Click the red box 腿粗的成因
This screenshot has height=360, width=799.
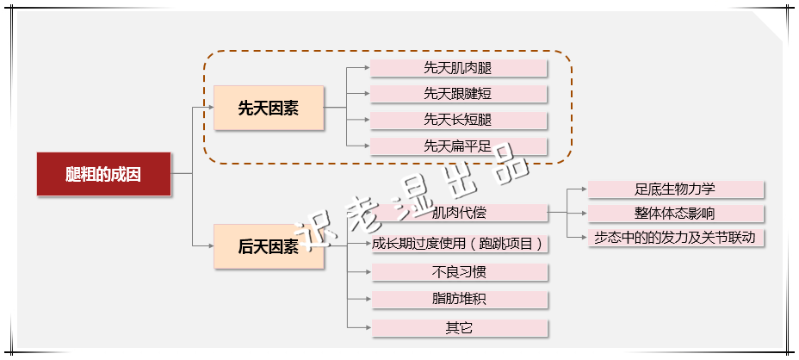click(x=103, y=174)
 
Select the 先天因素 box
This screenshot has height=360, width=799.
click(x=269, y=109)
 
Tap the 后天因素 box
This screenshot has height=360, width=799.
click(x=269, y=247)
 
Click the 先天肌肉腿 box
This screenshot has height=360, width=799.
click(x=459, y=67)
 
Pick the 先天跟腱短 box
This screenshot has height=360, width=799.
click(x=459, y=93)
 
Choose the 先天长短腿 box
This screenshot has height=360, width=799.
click(x=459, y=120)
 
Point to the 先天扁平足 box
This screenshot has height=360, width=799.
click(x=459, y=146)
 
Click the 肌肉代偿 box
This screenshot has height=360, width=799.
click(x=459, y=213)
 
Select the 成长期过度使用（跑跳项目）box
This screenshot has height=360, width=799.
click(x=459, y=244)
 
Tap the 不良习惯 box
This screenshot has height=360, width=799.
click(x=459, y=272)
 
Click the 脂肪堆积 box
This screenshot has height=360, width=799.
click(x=459, y=300)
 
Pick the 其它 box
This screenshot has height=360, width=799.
click(x=459, y=328)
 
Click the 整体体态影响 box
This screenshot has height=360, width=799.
click(x=675, y=213)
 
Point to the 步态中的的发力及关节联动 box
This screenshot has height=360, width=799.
click(x=675, y=237)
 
